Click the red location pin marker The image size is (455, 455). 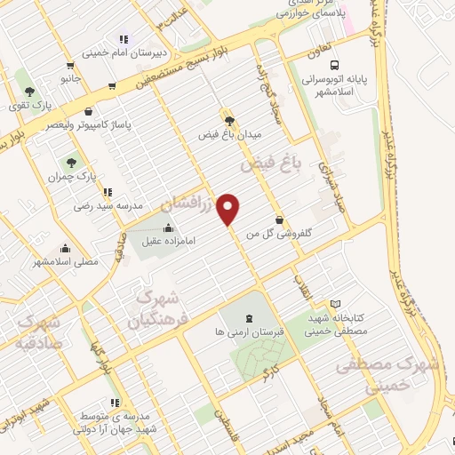[229, 208]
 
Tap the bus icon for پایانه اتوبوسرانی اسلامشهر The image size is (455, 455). [334, 65]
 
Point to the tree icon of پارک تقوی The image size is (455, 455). [29, 91]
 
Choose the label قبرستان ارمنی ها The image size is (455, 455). [247, 331]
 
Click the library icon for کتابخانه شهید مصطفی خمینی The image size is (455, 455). [335, 305]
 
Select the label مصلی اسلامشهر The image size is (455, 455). [65, 262]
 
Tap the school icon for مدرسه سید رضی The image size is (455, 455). [108, 192]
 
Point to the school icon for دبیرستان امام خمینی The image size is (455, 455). [124, 39]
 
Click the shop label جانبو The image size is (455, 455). [71, 79]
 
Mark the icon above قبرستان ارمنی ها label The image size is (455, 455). [248, 318]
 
